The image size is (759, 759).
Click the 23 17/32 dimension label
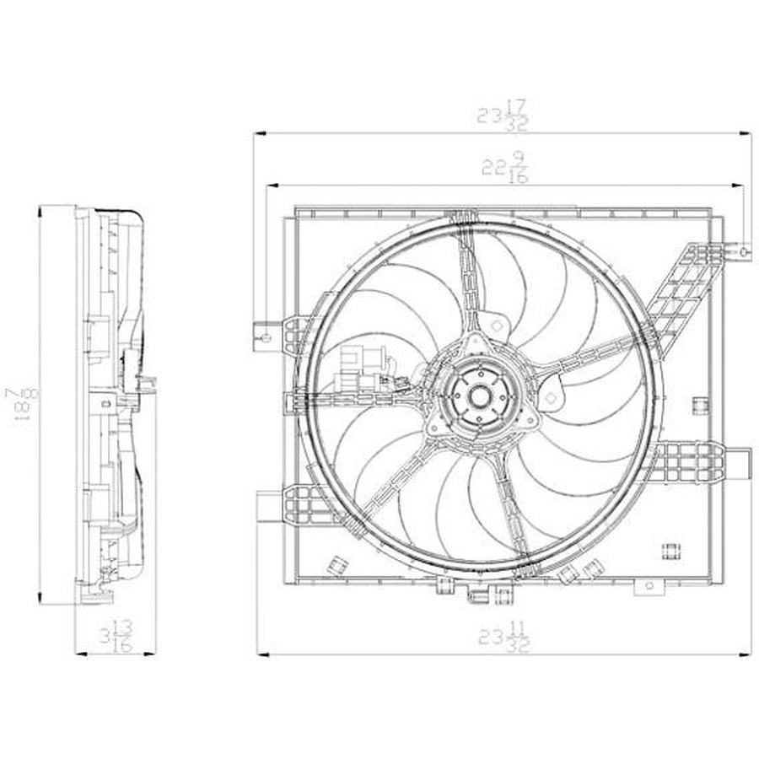tap(503, 116)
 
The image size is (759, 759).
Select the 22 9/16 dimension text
tap(504, 168)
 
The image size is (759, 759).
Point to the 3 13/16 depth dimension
tap(116, 636)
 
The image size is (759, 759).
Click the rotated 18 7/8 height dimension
tap(21, 406)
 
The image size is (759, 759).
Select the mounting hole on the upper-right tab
tap(744, 251)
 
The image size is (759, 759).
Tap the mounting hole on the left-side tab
tap(266, 337)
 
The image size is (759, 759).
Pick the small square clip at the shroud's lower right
tap(671, 551)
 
